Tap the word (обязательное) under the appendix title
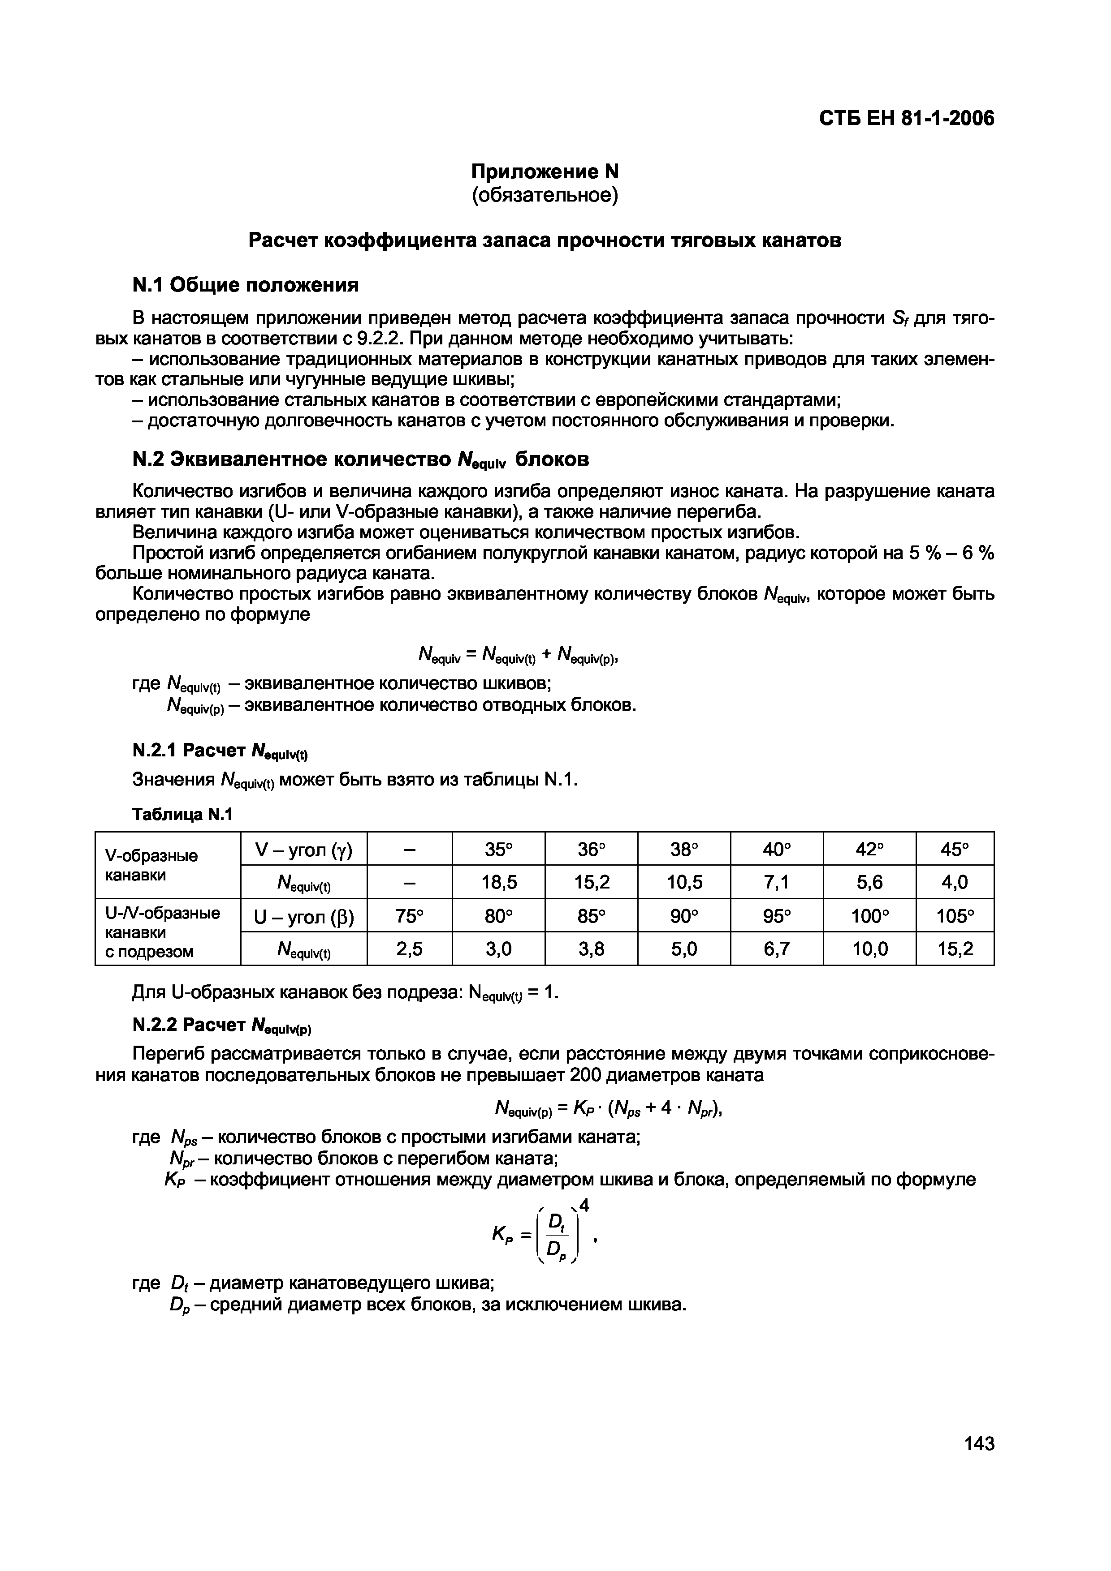[545, 196]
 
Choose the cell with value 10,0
[869, 949]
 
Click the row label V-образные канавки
[151, 866]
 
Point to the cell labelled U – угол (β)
[303, 915]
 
